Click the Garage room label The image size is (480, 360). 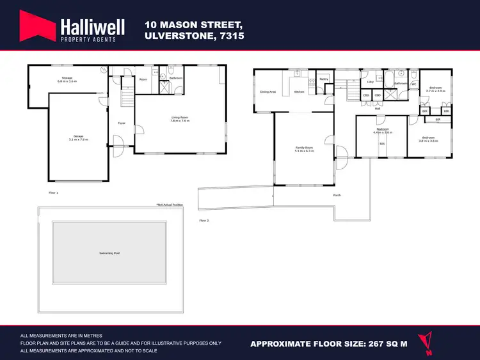pyautogui.click(x=77, y=137)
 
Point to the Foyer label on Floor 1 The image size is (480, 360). pyautogui.click(x=120, y=123)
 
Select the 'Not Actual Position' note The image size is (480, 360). pyautogui.click(x=170, y=205)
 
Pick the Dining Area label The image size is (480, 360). pyautogui.click(x=268, y=92)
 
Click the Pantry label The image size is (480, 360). pyautogui.click(x=324, y=79)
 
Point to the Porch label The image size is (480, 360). pyautogui.click(x=337, y=195)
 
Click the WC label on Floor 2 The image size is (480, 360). pyautogui.click(x=413, y=84)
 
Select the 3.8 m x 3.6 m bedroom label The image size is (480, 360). pyautogui.click(x=428, y=139)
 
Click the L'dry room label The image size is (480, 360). pyautogui.click(x=371, y=82)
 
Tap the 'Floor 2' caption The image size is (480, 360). pyautogui.click(x=204, y=221)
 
